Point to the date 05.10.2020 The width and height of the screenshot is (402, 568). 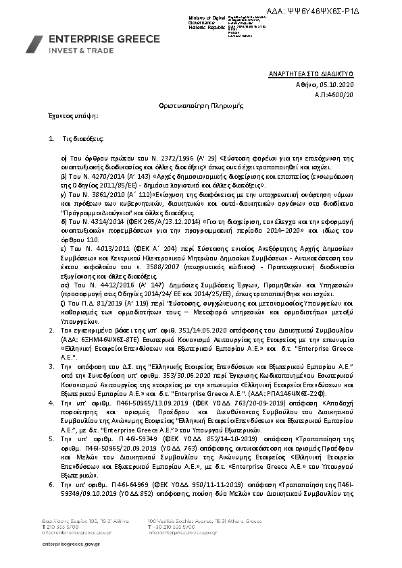coord(338,86)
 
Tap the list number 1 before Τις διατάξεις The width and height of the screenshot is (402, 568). coord(52,138)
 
